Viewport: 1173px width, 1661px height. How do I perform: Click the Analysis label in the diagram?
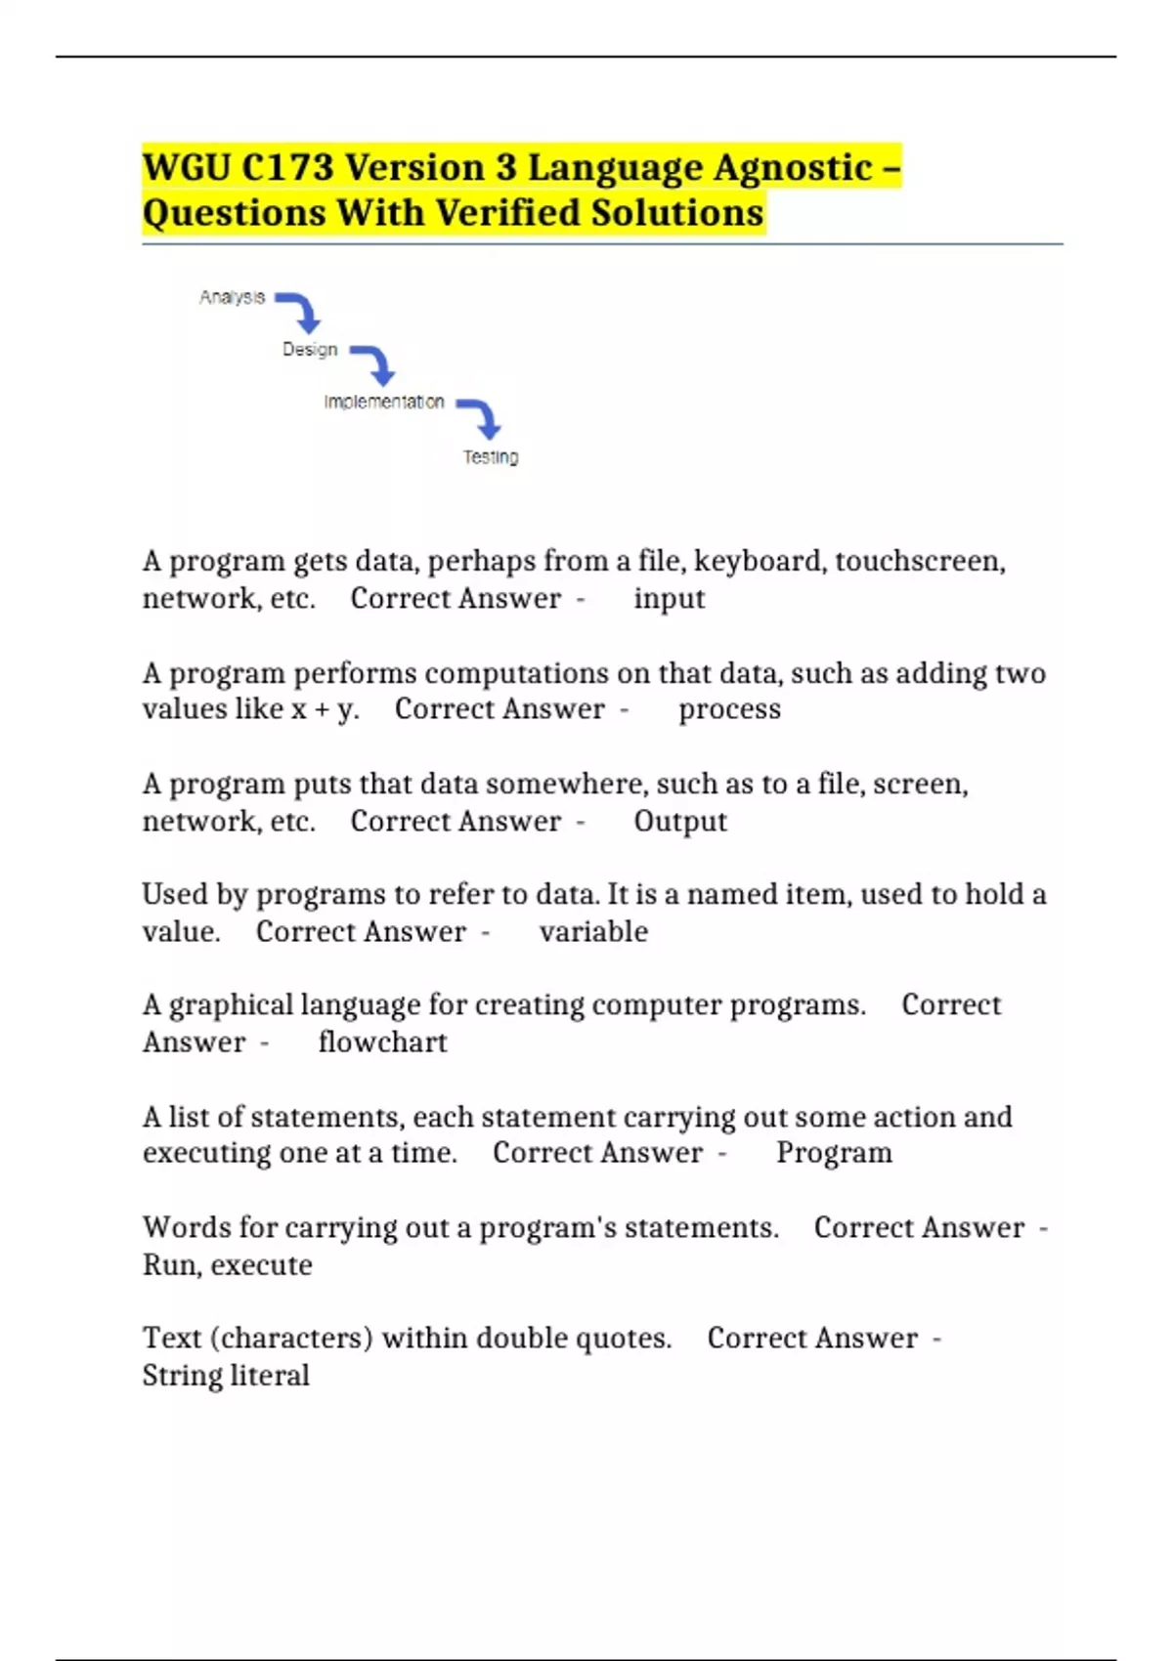[232, 297]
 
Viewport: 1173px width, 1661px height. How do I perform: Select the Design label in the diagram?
[310, 350]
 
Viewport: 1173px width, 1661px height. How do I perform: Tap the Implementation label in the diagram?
[384, 403]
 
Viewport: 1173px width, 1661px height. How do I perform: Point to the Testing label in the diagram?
[491, 457]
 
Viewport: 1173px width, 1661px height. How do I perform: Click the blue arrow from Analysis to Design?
[301, 312]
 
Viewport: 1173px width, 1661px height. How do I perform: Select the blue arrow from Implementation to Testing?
[481, 417]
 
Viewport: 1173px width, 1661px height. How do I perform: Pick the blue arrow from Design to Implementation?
[375, 364]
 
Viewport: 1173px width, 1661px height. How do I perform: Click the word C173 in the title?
[288, 168]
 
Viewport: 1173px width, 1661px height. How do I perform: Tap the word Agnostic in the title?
[793, 168]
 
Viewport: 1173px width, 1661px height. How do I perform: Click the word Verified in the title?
[508, 213]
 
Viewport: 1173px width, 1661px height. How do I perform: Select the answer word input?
[669, 599]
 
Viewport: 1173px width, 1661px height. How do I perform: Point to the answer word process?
[729, 709]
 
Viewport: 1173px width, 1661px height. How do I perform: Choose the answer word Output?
[680, 822]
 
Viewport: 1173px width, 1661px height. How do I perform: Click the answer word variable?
[593, 932]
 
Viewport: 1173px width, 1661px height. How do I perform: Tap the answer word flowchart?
[382, 1043]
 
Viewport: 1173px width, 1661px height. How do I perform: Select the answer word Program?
[834, 1154]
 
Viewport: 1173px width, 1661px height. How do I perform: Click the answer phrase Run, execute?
[228, 1265]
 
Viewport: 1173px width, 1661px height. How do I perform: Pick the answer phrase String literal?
[226, 1376]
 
